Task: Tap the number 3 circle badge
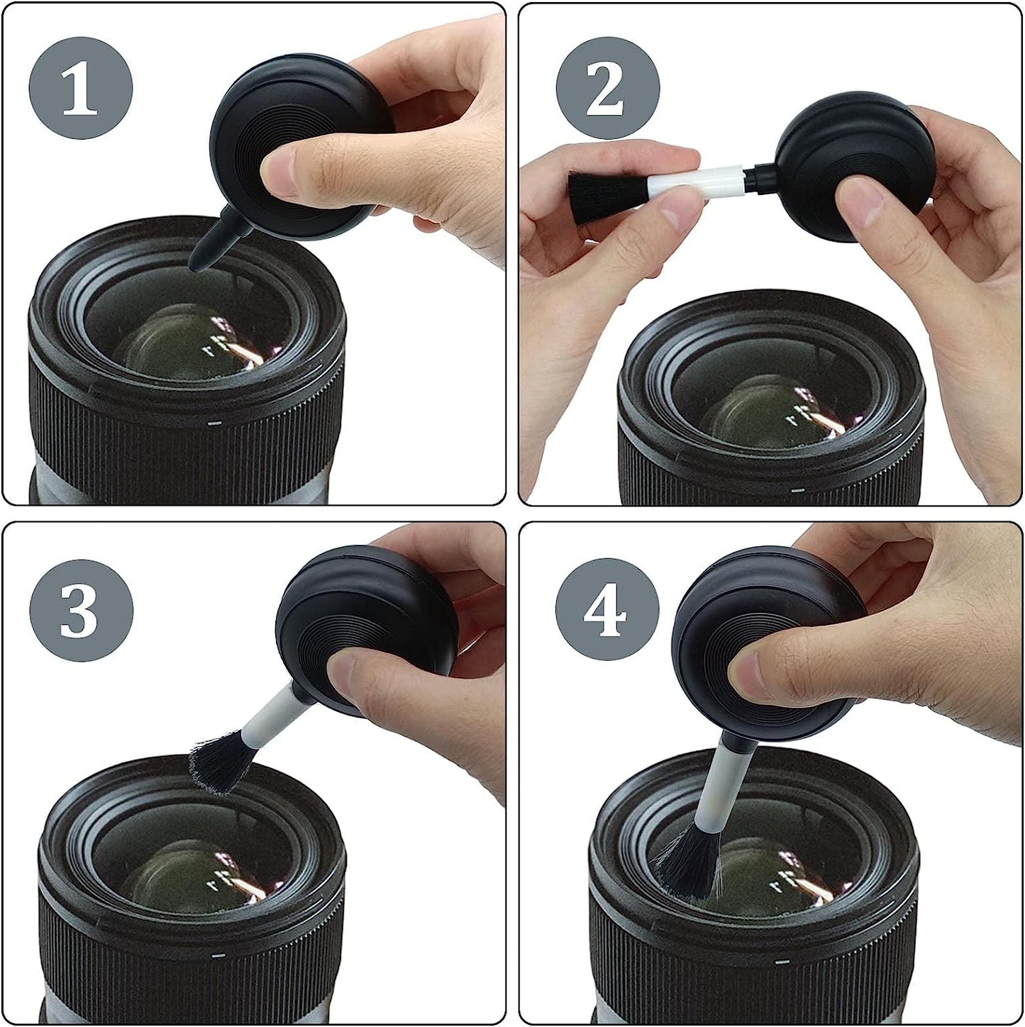[x=80, y=610]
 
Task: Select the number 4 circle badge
[x=607, y=610]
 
